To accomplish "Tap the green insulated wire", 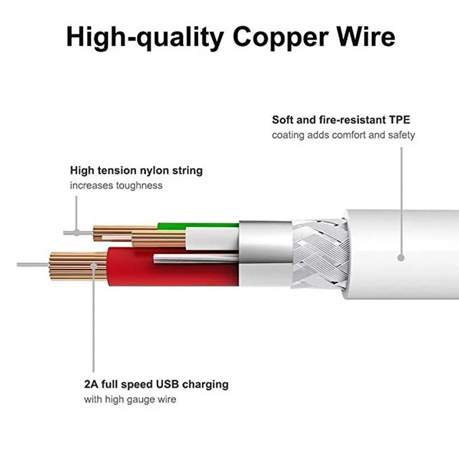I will (x=212, y=225).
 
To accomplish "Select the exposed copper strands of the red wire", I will (x=77, y=267).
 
